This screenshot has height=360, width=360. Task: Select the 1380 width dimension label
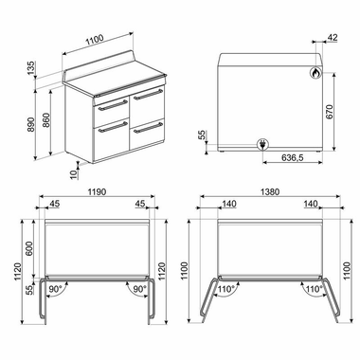[270, 190]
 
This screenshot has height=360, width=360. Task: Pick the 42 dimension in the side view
[332, 38]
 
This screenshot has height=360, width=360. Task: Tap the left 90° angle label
[56, 289]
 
